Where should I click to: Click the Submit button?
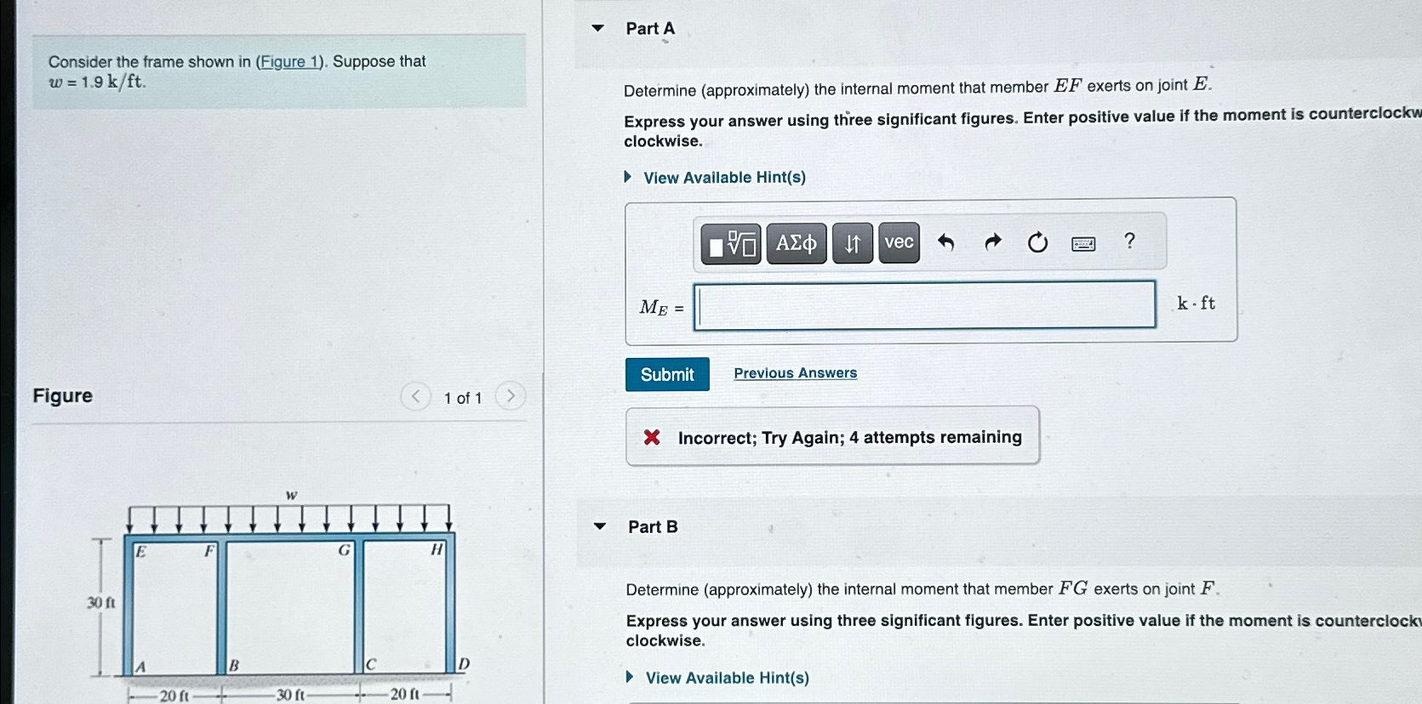pyautogui.click(x=667, y=375)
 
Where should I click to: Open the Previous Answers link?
pyautogui.click(x=795, y=373)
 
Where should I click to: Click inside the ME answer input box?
pyautogui.click(x=924, y=305)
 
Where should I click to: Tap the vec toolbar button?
pyautogui.click(x=899, y=243)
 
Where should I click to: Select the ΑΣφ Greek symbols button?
pyautogui.click(x=796, y=244)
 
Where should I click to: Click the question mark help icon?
pyautogui.click(x=1129, y=241)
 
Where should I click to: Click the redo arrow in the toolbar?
pyautogui.click(x=991, y=244)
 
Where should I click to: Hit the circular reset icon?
pyautogui.click(x=1037, y=244)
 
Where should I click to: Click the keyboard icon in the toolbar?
pyautogui.click(x=1083, y=245)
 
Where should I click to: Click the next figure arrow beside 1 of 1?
pyautogui.click(x=511, y=396)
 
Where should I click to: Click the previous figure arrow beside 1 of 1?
pyautogui.click(x=415, y=396)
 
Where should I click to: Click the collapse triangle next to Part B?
pyautogui.click(x=600, y=526)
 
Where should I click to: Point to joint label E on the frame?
pyautogui.click(x=141, y=552)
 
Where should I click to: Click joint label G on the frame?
pyautogui.click(x=344, y=550)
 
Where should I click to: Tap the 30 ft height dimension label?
pyautogui.click(x=100, y=603)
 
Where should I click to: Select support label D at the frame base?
pyautogui.click(x=464, y=664)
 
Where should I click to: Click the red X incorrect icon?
pyautogui.click(x=652, y=438)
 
